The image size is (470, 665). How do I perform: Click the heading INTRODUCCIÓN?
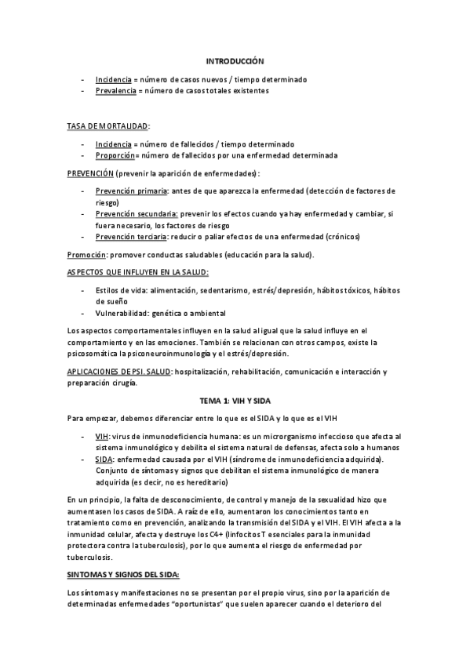(x=235, y=60)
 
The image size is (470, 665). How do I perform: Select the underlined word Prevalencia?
(x=115, y=91)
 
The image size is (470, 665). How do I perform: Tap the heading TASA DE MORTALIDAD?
(x=107, y=125)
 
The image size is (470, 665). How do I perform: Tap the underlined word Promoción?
(x=86, y=255)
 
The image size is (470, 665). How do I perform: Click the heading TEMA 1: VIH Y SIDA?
(x=235, y=400)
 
